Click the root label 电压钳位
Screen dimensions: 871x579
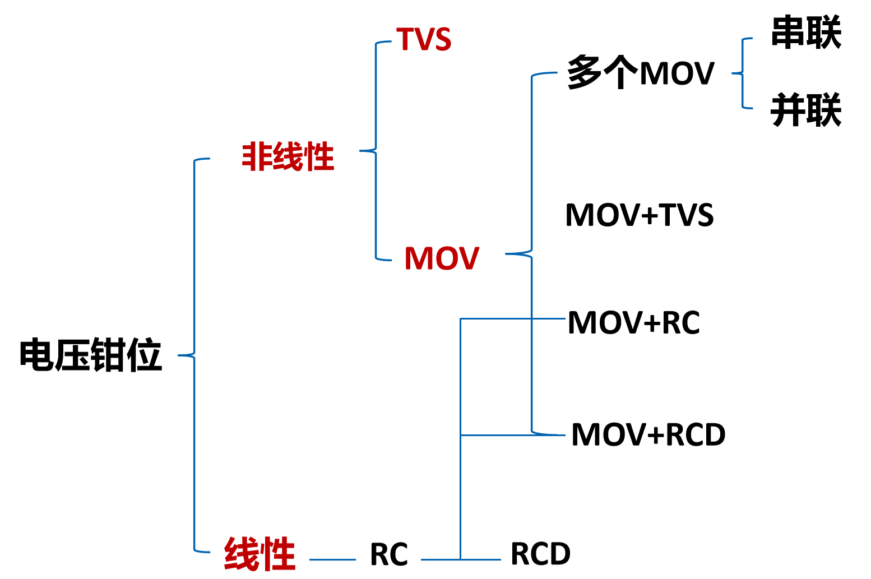(91, 354)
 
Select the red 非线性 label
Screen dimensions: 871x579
(288, 156)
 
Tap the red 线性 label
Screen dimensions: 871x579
(260, 553)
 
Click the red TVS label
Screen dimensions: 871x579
(424, 39)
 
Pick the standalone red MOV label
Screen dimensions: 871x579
(442, 258)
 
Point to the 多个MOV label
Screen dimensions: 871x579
(641, 72)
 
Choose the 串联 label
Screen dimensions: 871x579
(807, 33)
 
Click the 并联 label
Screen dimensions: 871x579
(807, 110)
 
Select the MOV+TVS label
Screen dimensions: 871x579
(640, 215)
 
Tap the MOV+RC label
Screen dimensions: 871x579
(634, 322)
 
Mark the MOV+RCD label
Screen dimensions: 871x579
(648, 434)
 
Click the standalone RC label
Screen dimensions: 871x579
(389, 554)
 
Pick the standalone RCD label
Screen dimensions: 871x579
(540, 553)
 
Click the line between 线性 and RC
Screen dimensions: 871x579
(332, 559)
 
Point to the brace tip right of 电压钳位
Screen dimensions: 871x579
(178, 355)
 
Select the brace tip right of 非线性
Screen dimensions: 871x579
(360, 150)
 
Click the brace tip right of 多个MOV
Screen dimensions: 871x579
(732, 73)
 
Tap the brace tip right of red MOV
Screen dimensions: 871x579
(506, 254)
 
